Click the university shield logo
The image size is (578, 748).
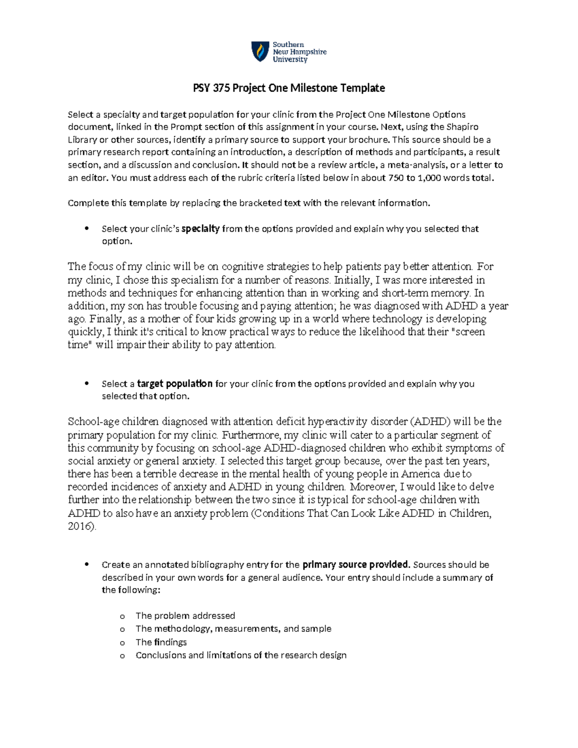pos(260,52)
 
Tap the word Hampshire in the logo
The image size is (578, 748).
pos(309,52)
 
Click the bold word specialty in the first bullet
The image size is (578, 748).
pos(200,229)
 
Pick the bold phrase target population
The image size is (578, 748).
pos(175,384)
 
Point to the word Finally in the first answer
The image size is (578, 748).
pos(106,319)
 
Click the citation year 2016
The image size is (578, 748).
pos(80,526)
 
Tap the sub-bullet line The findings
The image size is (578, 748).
pos(161,642)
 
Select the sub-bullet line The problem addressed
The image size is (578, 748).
pos(185,616)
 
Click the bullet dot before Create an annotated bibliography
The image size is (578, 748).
pos(87,564)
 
